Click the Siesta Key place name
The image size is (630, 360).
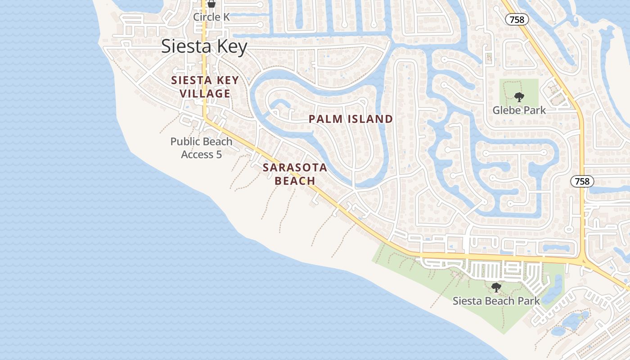click(204, 47)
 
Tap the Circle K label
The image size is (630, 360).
click(211, 17)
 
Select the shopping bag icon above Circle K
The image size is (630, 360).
click(211, 4)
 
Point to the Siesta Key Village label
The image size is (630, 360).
click(205, 87)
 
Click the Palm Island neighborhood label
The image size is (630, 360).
click(351, 119)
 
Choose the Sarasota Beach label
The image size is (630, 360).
click(295, 174)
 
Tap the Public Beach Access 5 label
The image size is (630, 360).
click(201, 148)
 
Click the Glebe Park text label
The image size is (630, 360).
click(519, 110)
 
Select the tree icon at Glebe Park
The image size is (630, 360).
click(519, 97)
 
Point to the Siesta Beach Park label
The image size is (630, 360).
click(496, 301)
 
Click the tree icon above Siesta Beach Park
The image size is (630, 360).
click(496, 287)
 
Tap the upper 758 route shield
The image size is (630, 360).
click(517, 20)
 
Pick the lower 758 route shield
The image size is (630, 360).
click(582, 181)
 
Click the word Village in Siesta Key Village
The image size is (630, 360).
click(205, 94)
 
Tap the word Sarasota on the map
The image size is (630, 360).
click(295, 167)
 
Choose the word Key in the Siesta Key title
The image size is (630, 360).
click(231, 47)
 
